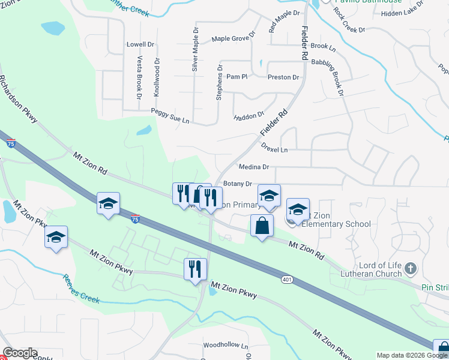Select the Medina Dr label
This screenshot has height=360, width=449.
click(x=253, y=167)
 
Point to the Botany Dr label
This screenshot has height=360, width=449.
click(x=237, y=184)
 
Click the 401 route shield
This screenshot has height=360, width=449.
click(x=287, y=279)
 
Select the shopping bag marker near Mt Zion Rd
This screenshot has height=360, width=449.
click(x=261, y=226)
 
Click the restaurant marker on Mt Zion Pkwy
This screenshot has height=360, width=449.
click(x=196, y=269)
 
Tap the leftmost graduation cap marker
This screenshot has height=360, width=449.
click(x=56, y=236)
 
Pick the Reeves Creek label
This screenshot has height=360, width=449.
click(x=81, y=289)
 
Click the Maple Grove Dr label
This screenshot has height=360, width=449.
click(x=233, y=38)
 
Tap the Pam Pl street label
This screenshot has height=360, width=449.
click(x=237, y=77)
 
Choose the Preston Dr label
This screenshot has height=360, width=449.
click(x=283, y=77)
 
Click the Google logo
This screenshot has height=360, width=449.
click(x=20, y=353)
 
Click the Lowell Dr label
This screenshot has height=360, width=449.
click(x=140, y=44)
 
